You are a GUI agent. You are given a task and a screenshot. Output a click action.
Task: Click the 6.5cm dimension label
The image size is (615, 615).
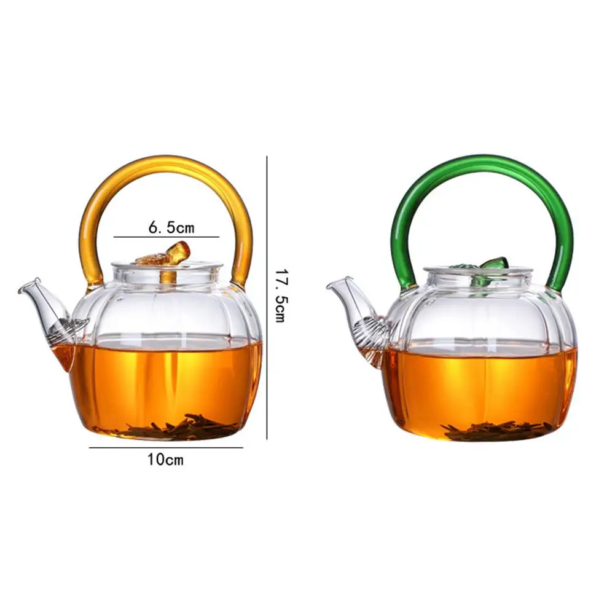point(171,227)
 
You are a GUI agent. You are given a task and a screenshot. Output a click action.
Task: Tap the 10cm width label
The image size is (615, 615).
point(165,460)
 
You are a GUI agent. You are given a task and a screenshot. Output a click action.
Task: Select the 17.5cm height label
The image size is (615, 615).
point(281,296)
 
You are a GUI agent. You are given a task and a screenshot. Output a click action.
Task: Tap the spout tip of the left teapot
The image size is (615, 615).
point(20,291)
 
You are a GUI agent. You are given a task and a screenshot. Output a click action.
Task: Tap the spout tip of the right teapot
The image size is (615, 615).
point(328,287)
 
